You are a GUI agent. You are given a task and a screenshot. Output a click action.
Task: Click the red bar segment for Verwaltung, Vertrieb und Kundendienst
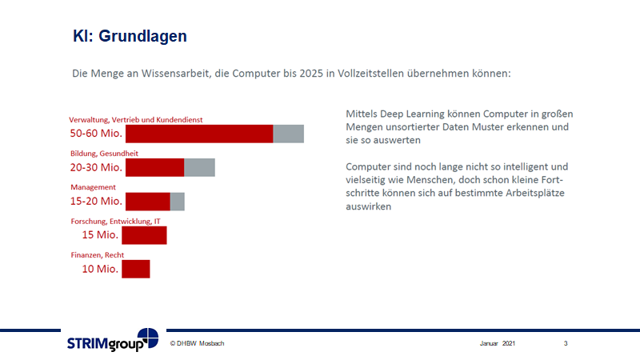[199, 134]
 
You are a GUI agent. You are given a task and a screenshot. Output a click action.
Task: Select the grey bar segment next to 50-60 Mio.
[288, 134]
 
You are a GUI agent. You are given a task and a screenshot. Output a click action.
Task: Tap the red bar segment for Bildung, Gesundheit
[155, 167]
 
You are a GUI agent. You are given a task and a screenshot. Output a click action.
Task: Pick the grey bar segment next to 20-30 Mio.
[199, 167]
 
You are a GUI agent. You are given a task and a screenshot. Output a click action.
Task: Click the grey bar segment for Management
[178, 202]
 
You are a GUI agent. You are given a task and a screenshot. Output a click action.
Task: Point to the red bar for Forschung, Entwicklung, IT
[144, 235]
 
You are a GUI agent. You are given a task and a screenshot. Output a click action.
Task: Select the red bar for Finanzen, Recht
[136, 269]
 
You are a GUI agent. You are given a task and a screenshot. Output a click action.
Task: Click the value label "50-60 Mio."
[96, 134]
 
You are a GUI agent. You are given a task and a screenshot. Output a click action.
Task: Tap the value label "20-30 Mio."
[96, 167]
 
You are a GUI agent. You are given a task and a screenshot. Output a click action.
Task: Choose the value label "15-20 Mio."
[96, 202]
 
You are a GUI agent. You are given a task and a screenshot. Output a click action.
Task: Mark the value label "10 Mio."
[100, 269]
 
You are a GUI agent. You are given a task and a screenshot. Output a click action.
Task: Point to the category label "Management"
[93, 187]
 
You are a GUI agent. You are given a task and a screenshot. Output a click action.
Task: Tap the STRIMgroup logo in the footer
[112, 342]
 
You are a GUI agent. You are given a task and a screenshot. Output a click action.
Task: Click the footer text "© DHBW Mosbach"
[197, 343]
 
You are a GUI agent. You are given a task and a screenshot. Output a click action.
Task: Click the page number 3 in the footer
[566, 343]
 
